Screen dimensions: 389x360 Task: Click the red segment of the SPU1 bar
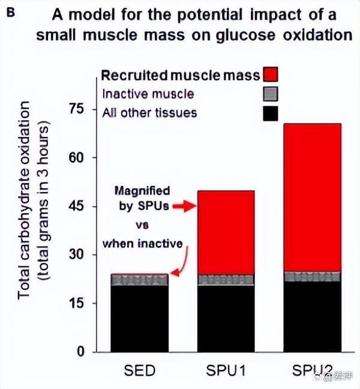coord(226,232)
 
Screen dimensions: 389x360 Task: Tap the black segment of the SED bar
coord(139,318)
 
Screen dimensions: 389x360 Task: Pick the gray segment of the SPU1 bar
coord(226,279)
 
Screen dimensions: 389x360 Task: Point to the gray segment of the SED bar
coord(139,280)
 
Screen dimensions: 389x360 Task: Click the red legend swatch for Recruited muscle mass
coord(271,74)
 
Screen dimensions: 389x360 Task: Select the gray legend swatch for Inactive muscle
coord(271,94)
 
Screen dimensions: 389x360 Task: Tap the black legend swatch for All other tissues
coord(271,112)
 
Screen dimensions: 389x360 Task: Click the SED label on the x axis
coord(139,370)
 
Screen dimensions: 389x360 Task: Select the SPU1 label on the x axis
coord(226,370)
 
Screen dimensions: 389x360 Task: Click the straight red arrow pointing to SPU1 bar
coord(184,207)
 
